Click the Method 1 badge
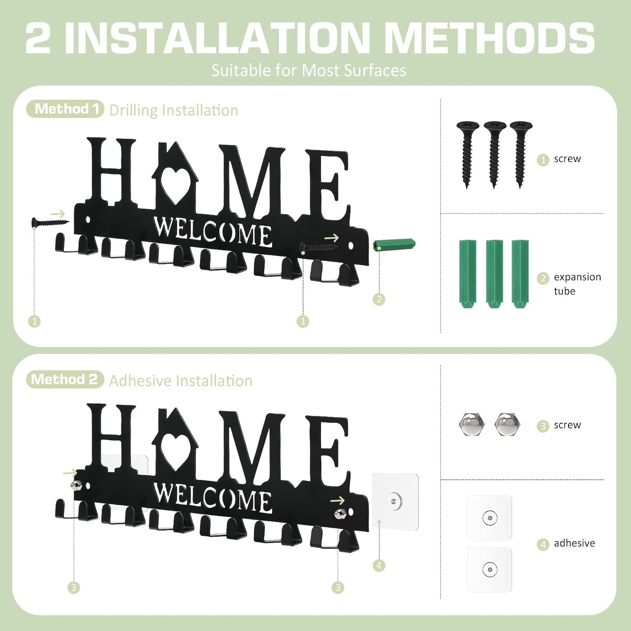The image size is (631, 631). tap(65, 109)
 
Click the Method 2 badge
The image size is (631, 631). tap(65, 379)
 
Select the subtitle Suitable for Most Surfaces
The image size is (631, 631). tap(308, 71)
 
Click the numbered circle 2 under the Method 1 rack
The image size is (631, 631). tap(379, 300)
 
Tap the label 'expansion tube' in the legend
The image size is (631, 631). tap(577, 284)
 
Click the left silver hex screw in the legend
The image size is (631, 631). tap(471, 424)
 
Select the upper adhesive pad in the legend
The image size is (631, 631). tap(489, 518)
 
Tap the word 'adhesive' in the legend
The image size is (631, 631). tap(574, 543)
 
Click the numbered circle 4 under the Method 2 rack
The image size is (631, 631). tap(379, 566)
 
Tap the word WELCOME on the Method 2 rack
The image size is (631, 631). tap(213, 499)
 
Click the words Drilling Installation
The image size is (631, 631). tap(174, 110)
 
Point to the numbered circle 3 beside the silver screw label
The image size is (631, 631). tap(543, 425)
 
